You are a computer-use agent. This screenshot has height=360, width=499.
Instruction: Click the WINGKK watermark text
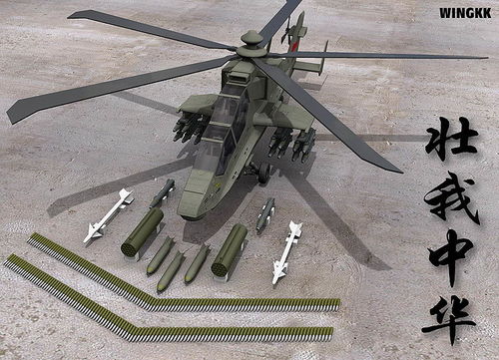[465, 13]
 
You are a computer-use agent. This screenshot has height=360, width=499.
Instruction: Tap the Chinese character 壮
[451, 139]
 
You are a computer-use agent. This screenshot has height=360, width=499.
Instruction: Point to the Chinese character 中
[451, 257]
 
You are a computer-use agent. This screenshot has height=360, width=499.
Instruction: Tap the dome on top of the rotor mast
[250, 37]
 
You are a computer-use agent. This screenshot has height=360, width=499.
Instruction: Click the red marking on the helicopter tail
[293, 47]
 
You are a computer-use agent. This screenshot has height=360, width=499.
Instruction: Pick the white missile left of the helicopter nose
[108, 215]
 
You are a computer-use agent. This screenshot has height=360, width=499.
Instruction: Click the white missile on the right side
[286, 252]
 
